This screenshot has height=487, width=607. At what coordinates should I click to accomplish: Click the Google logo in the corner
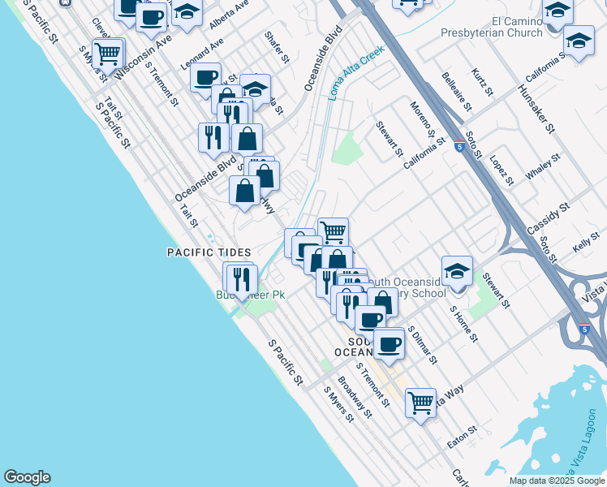tap(27, 477)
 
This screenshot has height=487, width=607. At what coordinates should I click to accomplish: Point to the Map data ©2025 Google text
tap(557, 481)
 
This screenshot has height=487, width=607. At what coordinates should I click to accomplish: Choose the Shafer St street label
tap(276, 48)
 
